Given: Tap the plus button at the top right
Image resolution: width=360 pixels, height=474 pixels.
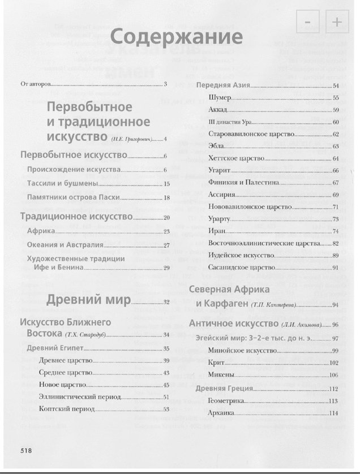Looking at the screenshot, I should click(x=337, y=22).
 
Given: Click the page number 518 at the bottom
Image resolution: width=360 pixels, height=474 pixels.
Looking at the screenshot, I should click(x=27, y=450).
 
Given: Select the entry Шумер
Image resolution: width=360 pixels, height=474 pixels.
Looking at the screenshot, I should click(x=220, y=98).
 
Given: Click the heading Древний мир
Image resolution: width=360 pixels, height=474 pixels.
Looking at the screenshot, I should click(x=88, y=299).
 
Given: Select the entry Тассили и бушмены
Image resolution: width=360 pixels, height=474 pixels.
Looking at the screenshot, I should click(x=63, y=183).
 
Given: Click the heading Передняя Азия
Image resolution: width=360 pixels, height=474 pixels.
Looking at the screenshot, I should click(x=222, y=85).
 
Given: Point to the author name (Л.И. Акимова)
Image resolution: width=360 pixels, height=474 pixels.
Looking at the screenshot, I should click(x=302, y=325).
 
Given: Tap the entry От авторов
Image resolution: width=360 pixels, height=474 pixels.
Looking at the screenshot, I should click(x=35, y=84).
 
